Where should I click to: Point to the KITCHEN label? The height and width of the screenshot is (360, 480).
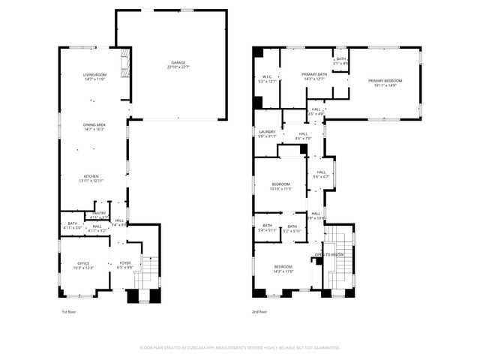click(x=91, y=178)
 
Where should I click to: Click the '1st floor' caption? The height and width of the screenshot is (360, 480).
click(x=68, y=311)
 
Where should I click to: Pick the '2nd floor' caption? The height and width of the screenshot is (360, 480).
click(x=259, y=311)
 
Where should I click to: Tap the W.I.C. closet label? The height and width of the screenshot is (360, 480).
click(x=267, y=79)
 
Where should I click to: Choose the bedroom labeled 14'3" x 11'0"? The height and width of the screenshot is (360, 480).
click(x=283, y=269)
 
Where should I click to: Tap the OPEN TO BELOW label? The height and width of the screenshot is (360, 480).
click(x=329, y=254)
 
